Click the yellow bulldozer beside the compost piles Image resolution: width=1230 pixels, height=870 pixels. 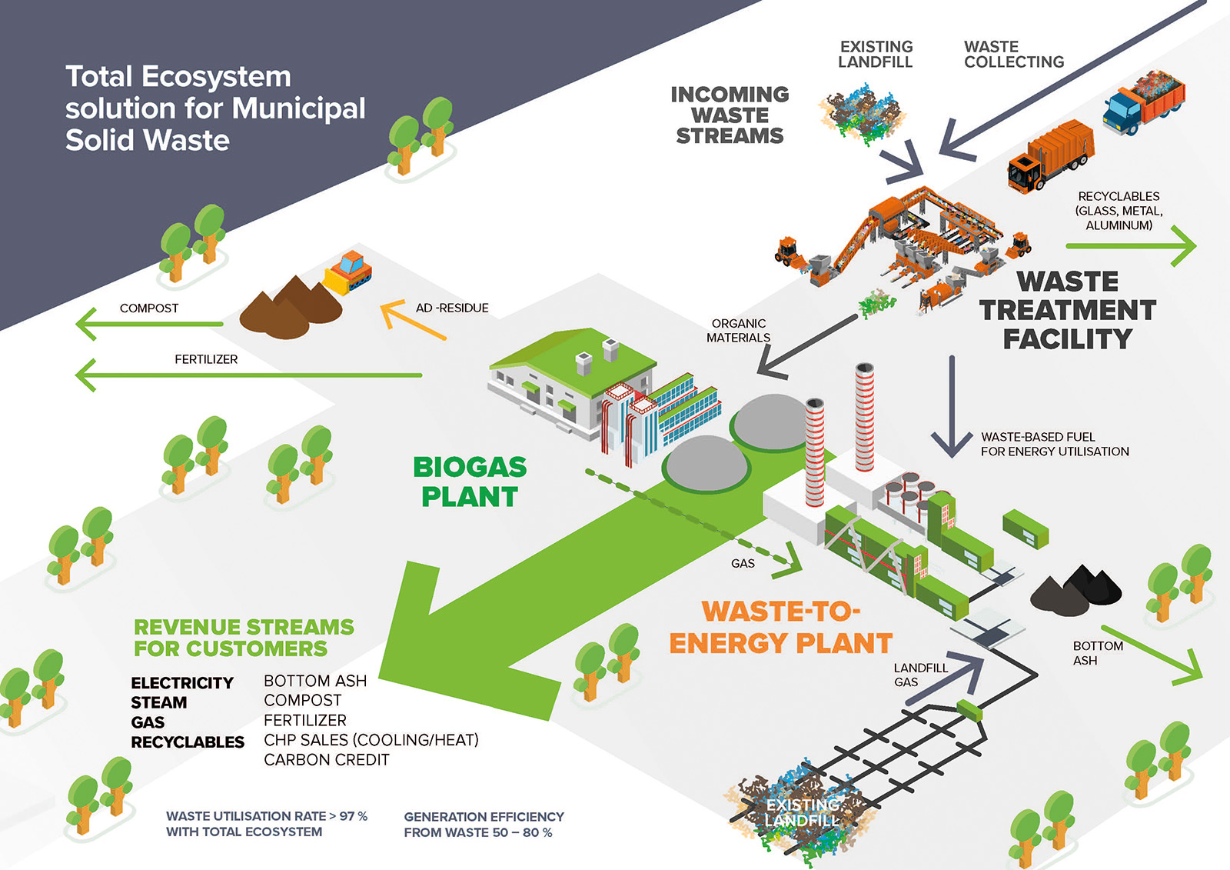349,272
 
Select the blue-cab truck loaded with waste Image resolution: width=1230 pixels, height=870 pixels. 1144,103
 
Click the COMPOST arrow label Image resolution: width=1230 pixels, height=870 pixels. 149,308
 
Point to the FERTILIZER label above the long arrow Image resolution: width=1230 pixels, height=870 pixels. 206,359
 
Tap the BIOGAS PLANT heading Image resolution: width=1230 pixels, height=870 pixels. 470,482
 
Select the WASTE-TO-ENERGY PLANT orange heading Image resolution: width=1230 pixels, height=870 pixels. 780,627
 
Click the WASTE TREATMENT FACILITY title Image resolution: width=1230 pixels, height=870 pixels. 1067,310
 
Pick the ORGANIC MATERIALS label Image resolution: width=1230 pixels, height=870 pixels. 738,331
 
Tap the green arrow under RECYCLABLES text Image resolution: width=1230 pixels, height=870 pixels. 1131,247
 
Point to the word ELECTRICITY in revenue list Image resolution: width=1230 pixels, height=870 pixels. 182,683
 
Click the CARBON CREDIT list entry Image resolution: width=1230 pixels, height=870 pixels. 327,760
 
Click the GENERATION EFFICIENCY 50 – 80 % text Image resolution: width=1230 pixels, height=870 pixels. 484,825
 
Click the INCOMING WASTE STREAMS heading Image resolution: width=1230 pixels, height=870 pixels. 730,115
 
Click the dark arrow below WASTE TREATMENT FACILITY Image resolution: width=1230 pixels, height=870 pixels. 952,408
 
